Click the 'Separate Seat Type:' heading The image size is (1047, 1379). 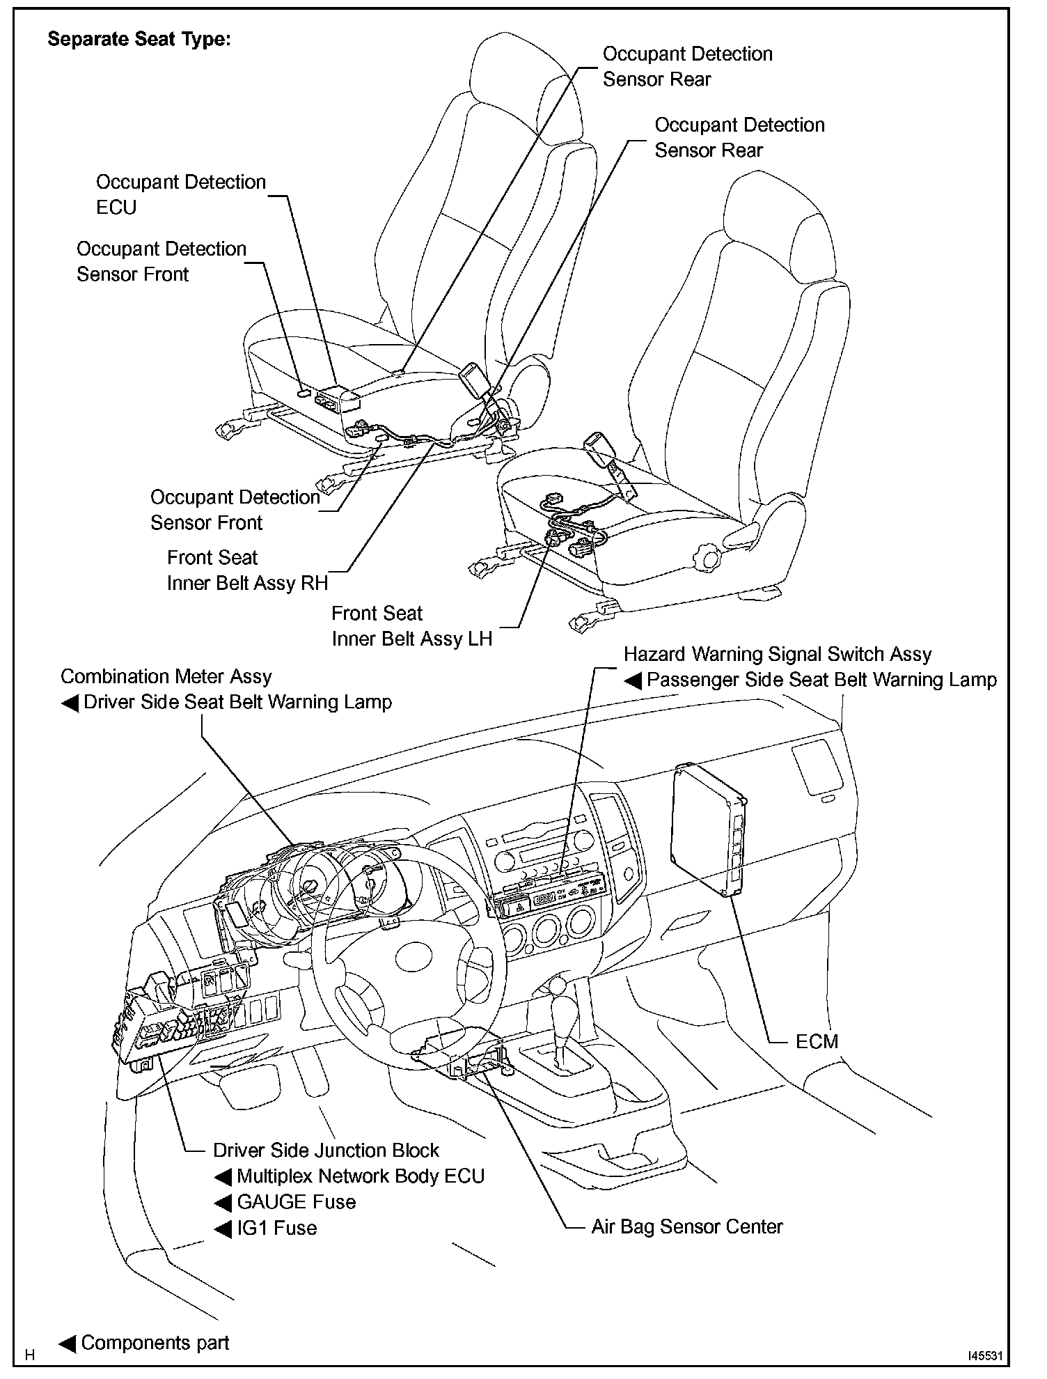click(x=139, y=39)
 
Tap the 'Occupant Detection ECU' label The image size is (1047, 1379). click(x=180, y=194)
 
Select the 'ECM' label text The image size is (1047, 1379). click(x=817, y=1042)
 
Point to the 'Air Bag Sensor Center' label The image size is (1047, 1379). click(x=686, y=1226)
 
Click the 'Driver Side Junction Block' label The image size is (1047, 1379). click(x=326, y=1151)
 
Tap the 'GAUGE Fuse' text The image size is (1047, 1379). click(x=296, y=1202)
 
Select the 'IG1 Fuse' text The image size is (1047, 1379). click(x=276, y=1228)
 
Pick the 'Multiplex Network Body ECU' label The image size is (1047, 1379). click(x=360, y=1176)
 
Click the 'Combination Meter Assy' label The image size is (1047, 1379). click(x=166, y=676)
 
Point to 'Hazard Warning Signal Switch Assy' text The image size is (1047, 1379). click(x=777, y=654)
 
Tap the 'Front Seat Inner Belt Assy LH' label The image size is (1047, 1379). click(x=411, y=626)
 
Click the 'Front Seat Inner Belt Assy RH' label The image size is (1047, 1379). click(x=247, y=570)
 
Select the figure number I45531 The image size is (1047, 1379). click(x=984, y=1355)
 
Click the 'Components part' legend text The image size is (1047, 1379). click(x=155, y=1343)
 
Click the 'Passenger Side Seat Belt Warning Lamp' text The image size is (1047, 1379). click(x=821, y=680)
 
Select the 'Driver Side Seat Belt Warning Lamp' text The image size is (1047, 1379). click(x=237, y=702)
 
